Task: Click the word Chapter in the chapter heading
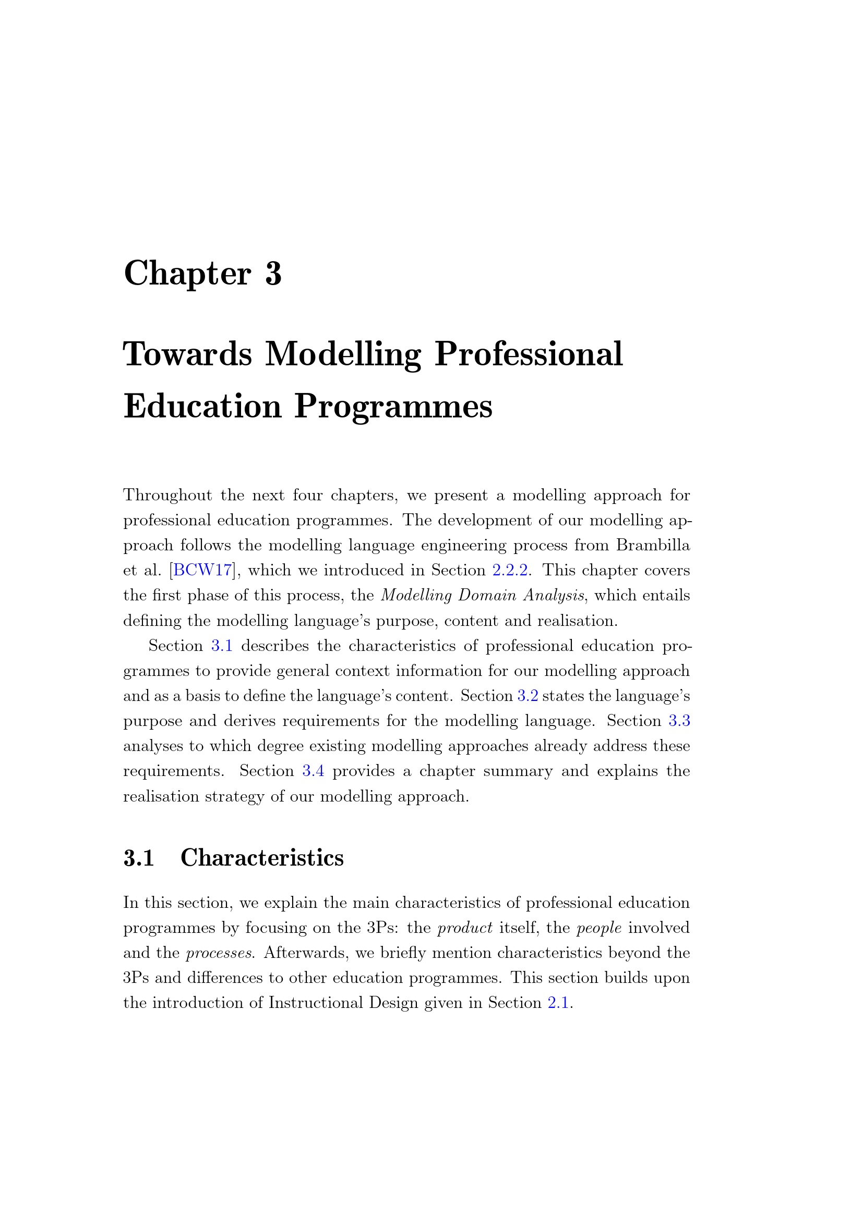(x=187, y=275)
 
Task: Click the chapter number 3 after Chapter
(x=273, y=275)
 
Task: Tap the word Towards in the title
(x=187, y=354)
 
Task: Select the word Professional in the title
(x=528, y=354)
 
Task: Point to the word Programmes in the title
(x=393, y=407)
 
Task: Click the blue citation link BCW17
(x=202, y=570)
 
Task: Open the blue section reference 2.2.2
(x=510, y=570)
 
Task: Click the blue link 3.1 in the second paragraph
(x=222, y=646)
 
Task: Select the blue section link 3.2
(x=527, y=696)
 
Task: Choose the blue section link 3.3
(x=679, y=721)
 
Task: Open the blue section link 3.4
(x=313, y=771)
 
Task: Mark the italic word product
(x=464, y=928)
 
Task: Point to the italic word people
(x=599, y=928)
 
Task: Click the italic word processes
(x=219, y=953)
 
